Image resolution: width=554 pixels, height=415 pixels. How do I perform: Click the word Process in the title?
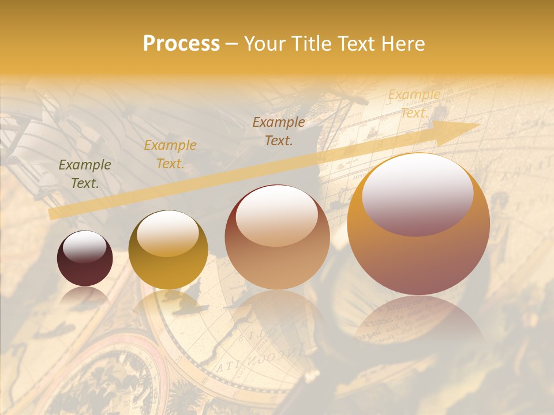click(181, 44)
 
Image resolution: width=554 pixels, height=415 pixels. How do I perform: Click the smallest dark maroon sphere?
click(85, 258)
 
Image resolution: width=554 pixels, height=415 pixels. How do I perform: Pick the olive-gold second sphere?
click(168, 250)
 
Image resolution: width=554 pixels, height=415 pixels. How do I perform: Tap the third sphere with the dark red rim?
click(277, 237)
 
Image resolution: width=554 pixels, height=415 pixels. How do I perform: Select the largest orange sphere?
click(418, 225)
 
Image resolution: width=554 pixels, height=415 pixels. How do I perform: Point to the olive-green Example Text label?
click(85, 174)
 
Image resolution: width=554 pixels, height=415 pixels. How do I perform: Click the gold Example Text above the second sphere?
click(170, 154)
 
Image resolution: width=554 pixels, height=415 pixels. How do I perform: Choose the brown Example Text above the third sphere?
click(279, 131)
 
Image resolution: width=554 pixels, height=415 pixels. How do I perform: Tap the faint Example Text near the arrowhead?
click(414, 104)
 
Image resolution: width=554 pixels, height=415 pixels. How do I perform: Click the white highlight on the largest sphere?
click(417, 193)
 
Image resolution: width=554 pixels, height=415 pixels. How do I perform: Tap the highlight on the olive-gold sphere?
click(168, 233)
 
